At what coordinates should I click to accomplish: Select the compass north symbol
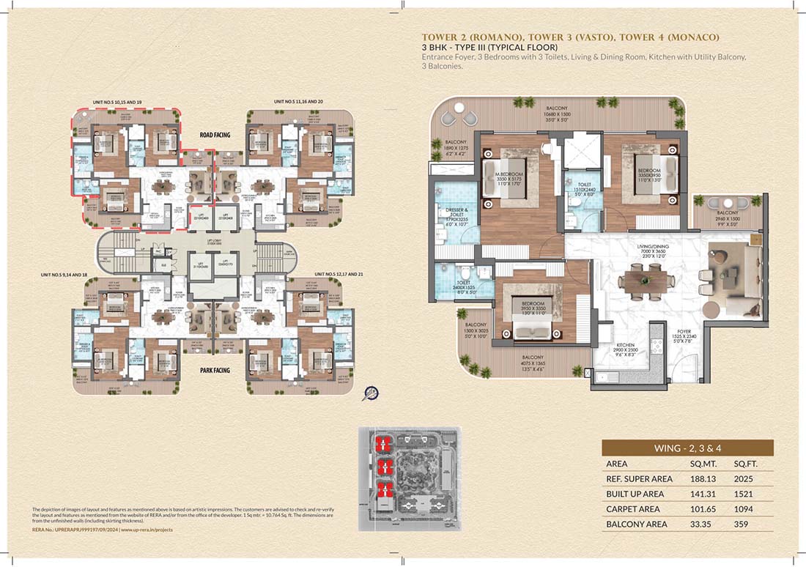pos(371,394)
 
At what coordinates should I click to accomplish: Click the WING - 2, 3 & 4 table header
pos(687,448)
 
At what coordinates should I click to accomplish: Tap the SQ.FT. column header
pos(747,464)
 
